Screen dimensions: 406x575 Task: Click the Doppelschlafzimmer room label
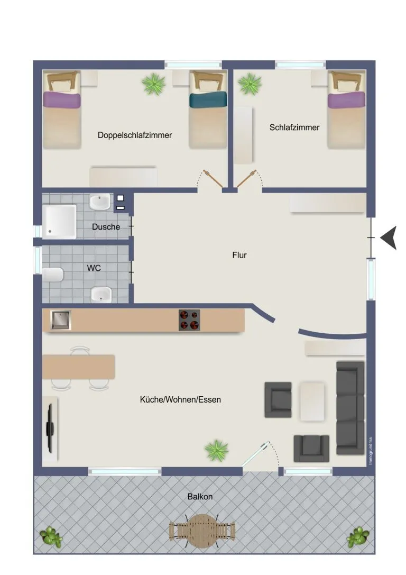134,135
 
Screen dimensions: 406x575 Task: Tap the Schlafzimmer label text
294,127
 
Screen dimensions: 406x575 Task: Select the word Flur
239,255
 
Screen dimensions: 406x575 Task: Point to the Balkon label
200,497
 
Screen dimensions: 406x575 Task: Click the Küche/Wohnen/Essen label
180,399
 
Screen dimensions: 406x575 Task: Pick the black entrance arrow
389,238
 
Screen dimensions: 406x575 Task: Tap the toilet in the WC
53,275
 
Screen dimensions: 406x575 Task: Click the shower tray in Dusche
59,222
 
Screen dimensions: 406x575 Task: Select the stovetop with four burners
189,320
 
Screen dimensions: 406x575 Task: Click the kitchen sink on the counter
60,320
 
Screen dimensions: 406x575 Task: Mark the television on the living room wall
50,428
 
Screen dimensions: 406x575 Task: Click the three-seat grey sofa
350,408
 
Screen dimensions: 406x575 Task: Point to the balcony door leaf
256,454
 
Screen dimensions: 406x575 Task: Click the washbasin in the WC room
101,295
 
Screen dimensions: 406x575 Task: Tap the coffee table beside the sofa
312,401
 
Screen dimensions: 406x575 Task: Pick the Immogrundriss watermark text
371,451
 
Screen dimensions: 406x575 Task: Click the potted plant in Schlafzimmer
250,84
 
